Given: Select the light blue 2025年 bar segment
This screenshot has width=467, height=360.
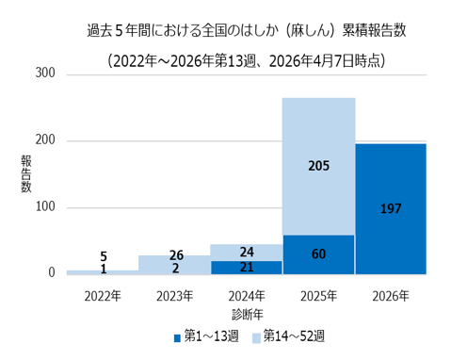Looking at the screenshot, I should pyautogui.click(x=318, y=141).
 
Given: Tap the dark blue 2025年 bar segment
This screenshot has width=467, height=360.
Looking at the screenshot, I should pyautogui.click(x=318, y=254).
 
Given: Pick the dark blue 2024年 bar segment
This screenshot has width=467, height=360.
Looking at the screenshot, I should pyautogui.click(x=246, y=267).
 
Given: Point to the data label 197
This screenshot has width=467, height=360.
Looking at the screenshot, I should pyautogui.click(x=390, y=208).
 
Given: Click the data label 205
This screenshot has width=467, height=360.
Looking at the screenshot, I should pyautogui.click(x=318, y=166).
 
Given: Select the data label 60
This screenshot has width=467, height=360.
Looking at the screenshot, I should pyautogui.click(x=318, y=254).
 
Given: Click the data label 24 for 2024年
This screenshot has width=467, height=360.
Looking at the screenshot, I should pyautogui.click(x=246, y=253).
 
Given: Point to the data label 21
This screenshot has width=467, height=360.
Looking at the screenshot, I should pyautogui.click(x=246, y=268).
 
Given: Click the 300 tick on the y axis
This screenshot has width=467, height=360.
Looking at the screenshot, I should pyautogui.click(x=43, y=74).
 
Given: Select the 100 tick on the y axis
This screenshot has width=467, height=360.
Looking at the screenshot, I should pyautogui.click(x=43, y=207).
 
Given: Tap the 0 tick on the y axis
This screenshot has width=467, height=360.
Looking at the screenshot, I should pyautogui.click(x=51, y=273).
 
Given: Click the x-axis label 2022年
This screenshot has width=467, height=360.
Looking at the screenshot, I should pyautogui.click(x=102, y=295).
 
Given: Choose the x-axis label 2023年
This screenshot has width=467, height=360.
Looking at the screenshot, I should pyautogui.click(x=174, y=295).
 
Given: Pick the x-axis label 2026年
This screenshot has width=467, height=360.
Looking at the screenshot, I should pyautogui.click(x=390, y=295).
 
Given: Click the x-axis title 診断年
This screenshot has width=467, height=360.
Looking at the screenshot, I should pyautogui.click(x=246, y=313).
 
